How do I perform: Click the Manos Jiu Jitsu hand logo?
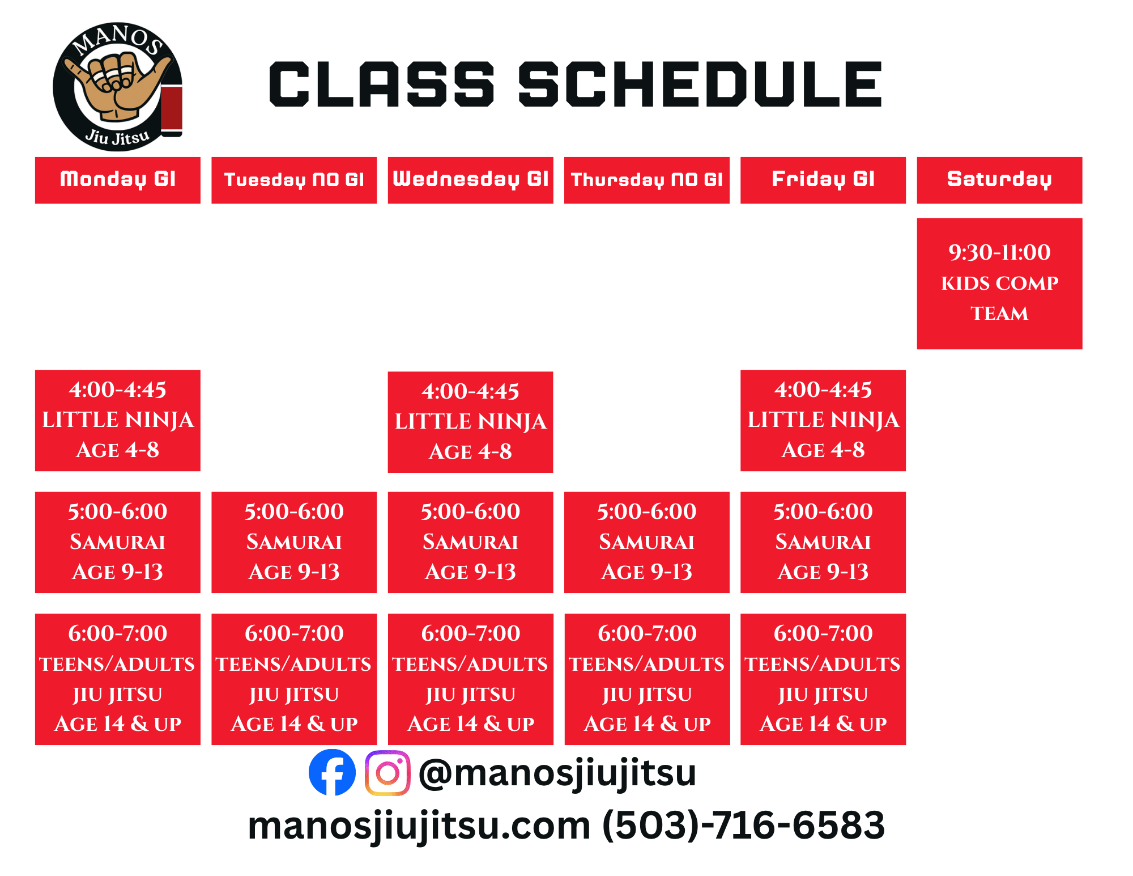(118, 87)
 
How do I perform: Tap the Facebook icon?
(332, 772)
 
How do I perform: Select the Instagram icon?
(387, 773)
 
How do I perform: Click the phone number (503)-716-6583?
(743, 825)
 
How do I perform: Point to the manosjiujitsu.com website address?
(419, 826)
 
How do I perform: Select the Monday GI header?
(118, 180)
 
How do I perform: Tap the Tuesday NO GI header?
(294, 180)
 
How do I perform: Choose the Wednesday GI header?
(470, 180)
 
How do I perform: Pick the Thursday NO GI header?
(647, 180)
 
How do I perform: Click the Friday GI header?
(823, 180)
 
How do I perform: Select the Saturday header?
(999, 180)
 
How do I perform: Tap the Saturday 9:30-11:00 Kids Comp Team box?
(999, 283)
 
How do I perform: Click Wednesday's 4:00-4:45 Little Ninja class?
(470, 422)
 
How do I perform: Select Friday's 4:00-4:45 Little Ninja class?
(823, 421)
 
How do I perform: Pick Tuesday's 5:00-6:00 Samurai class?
(294, 543)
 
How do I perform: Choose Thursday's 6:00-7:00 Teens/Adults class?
(647, 679)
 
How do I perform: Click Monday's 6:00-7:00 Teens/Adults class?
(118, 679)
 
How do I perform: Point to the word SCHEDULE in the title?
(700, 84)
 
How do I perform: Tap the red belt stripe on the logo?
(172, 109)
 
